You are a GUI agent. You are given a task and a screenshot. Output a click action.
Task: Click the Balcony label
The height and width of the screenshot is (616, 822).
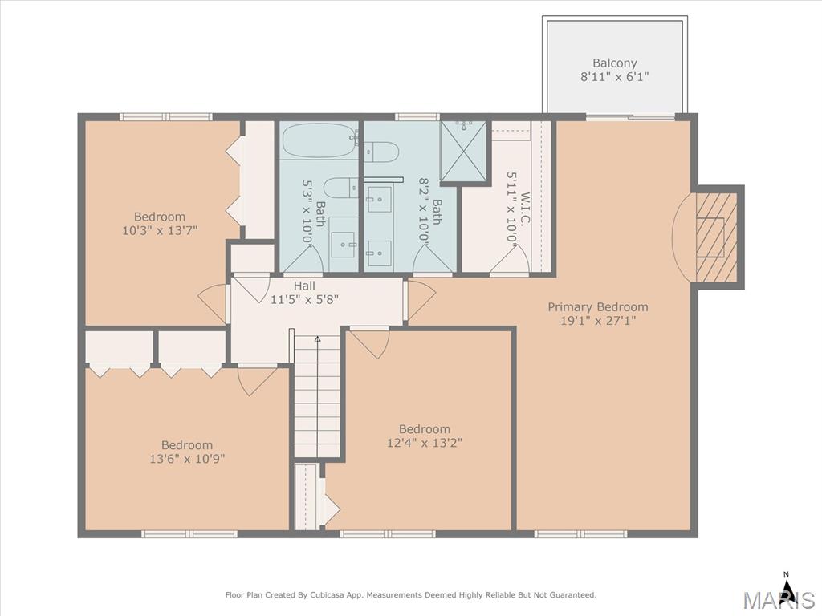pyautogui.click(x=614, y=63)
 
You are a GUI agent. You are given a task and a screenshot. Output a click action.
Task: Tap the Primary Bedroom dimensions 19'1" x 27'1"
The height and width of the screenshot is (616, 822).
pyautogui.click(x=598, y=321)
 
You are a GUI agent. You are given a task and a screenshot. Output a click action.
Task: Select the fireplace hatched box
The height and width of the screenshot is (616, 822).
pyautogui.click(x=716, y=237)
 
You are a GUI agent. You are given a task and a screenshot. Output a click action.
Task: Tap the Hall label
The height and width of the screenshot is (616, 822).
pyautogui.click(x=304, y=286)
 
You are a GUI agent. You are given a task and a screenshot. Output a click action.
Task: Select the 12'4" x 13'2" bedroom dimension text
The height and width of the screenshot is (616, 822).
pyautogui.click(x=425, y=443)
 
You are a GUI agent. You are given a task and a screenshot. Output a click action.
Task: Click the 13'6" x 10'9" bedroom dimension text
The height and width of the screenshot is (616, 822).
pyautogui.click(x=187, y=459)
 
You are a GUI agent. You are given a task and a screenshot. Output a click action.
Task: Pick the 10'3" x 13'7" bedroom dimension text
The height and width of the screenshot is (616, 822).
pyautogui.click(x=160, y=230)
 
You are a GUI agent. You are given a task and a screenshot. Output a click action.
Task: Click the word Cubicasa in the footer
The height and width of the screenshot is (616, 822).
pyautogui.click(x=326, y=595)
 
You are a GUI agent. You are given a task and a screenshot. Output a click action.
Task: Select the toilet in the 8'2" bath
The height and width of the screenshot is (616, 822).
pyautogui.click(x=381, y=152)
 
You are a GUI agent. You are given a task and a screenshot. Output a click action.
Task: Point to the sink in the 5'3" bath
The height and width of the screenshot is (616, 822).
pyautogui.click(x=344, y=245)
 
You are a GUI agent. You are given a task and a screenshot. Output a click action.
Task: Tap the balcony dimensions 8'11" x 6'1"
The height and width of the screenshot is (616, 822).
pyautogui.click(x=614, y=76)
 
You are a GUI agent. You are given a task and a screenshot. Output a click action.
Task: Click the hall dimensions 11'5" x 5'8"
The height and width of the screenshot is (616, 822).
pyautogui.click(x=304, y=300)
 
